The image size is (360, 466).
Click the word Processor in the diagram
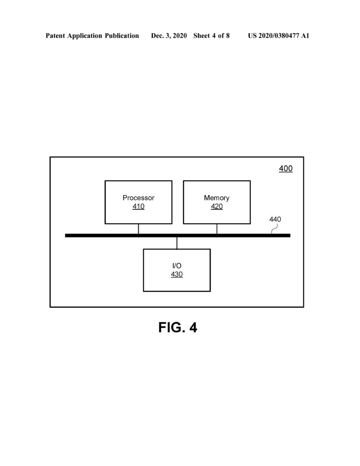point(138,198)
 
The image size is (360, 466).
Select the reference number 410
point(138,206)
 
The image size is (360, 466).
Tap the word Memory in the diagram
point(217,198)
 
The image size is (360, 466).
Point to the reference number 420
point(217,206)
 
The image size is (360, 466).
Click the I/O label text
point(177,266)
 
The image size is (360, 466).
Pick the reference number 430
point(177,274)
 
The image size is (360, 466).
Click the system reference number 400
point(286,168)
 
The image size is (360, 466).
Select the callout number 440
point(275,219)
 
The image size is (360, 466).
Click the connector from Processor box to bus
point(138,229)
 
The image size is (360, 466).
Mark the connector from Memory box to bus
point(217,229)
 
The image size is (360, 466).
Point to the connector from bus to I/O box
point(177,243)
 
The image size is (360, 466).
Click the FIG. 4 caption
point(178,327)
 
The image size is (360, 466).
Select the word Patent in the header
point(55,35)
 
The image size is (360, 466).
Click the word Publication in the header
point(122,35)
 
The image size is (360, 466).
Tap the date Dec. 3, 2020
point(169,35)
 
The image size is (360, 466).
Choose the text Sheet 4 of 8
point(211,35)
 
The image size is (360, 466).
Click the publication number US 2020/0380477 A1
point(279,35)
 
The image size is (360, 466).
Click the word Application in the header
point(85,35)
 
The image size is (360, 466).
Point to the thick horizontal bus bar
point(178,236)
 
